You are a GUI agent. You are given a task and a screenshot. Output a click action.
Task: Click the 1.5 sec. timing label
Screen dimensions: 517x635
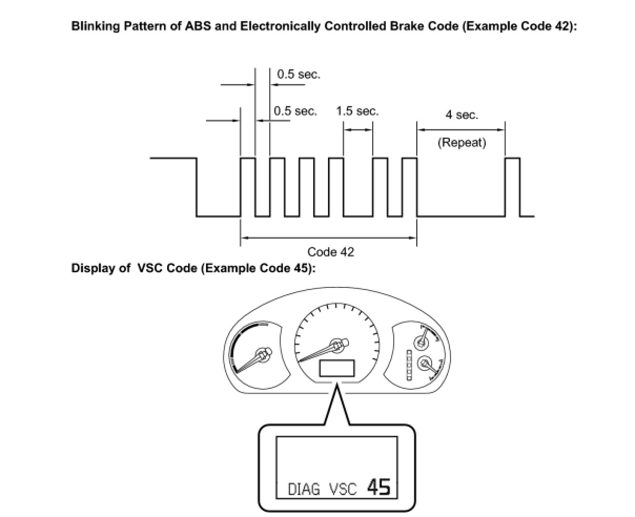[357, 111]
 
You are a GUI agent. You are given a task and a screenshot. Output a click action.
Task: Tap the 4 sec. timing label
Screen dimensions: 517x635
[462, 115]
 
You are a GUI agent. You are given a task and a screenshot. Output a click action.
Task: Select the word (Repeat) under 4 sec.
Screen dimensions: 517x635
[462, 142]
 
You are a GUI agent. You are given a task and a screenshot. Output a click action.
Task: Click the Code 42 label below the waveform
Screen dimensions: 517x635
[331, 252]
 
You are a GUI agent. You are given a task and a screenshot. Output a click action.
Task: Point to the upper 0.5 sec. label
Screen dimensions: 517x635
[298, 75]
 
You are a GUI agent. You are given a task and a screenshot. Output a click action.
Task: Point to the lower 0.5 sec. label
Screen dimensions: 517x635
[295, 111]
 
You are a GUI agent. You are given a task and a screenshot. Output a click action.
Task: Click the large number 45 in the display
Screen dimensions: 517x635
[378, 487]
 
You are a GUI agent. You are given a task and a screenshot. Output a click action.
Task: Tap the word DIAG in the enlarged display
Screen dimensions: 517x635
[304, 490]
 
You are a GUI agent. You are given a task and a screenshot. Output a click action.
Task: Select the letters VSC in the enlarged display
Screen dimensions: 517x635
[343, 490]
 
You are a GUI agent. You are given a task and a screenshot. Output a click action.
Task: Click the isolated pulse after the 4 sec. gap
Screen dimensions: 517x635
[513, 187]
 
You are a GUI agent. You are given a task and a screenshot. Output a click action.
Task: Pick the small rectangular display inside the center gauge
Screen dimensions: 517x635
[337, 368]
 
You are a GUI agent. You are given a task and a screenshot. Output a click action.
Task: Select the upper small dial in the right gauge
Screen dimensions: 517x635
[421, 342]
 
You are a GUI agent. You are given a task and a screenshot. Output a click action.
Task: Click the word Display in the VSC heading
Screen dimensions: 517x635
[91, 268]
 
